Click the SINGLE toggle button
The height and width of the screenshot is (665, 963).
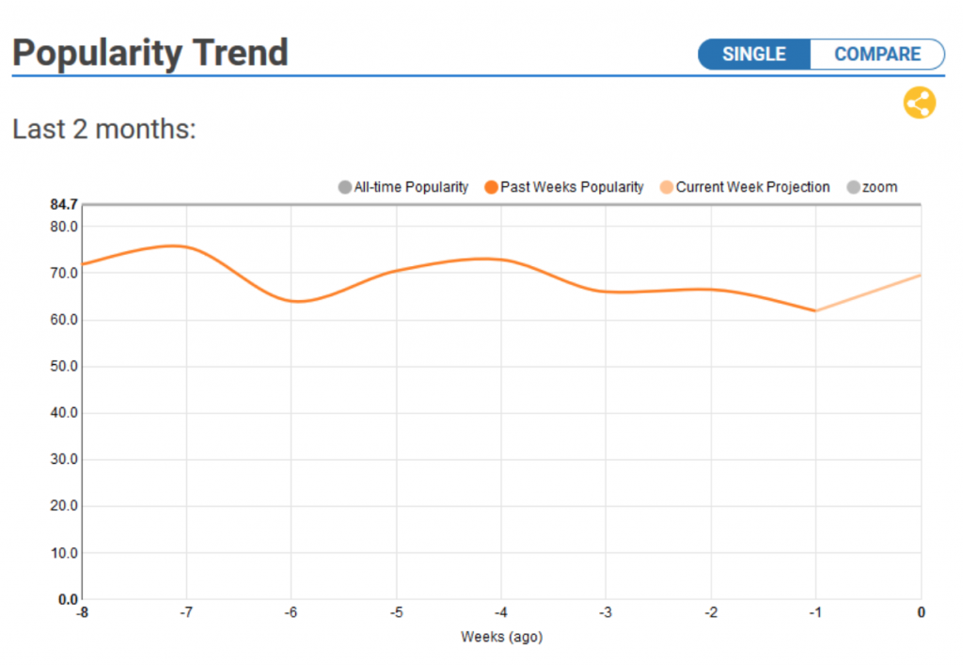(753, 54)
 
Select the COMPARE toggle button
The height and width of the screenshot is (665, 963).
(877, 54)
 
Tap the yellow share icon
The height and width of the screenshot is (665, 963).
(919, 103)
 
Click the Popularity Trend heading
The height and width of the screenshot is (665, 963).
(150, 53)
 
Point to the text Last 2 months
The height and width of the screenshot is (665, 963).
(103, 129)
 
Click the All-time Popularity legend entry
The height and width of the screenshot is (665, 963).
(403, 187)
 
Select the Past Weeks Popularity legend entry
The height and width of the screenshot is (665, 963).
(564, 187)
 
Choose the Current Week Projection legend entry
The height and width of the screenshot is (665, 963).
(745, 187)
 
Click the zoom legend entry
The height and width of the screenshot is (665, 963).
(872, 187)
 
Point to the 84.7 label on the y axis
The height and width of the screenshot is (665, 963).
(63, 204)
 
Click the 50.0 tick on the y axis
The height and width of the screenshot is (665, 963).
(63, 366)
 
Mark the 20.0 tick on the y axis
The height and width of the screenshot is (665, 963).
(63, 506)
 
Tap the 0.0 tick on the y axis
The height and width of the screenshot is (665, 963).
(67, 599)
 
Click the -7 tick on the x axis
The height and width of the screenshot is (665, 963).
(186, 612)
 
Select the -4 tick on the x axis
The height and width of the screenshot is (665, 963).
(501, 612)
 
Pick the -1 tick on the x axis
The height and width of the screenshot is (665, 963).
(815, 612)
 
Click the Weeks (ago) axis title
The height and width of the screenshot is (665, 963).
(501, 637)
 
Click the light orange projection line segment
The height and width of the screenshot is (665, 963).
(869, 292)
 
